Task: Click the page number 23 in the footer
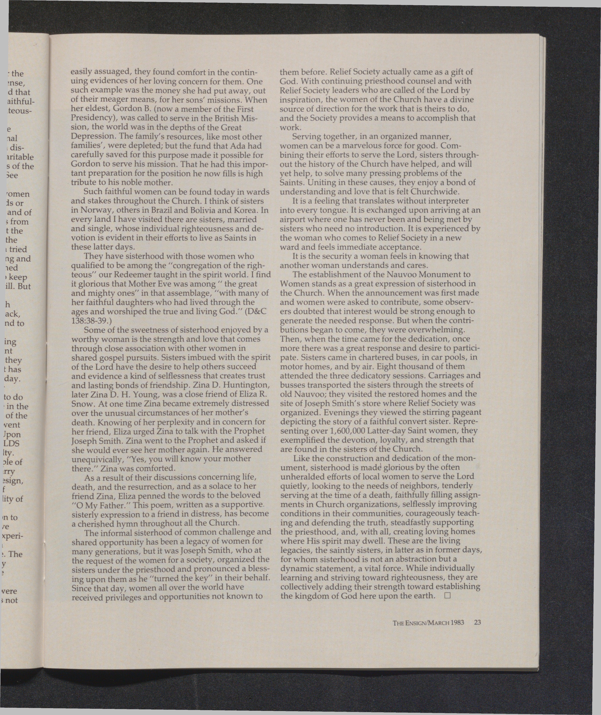477,622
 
